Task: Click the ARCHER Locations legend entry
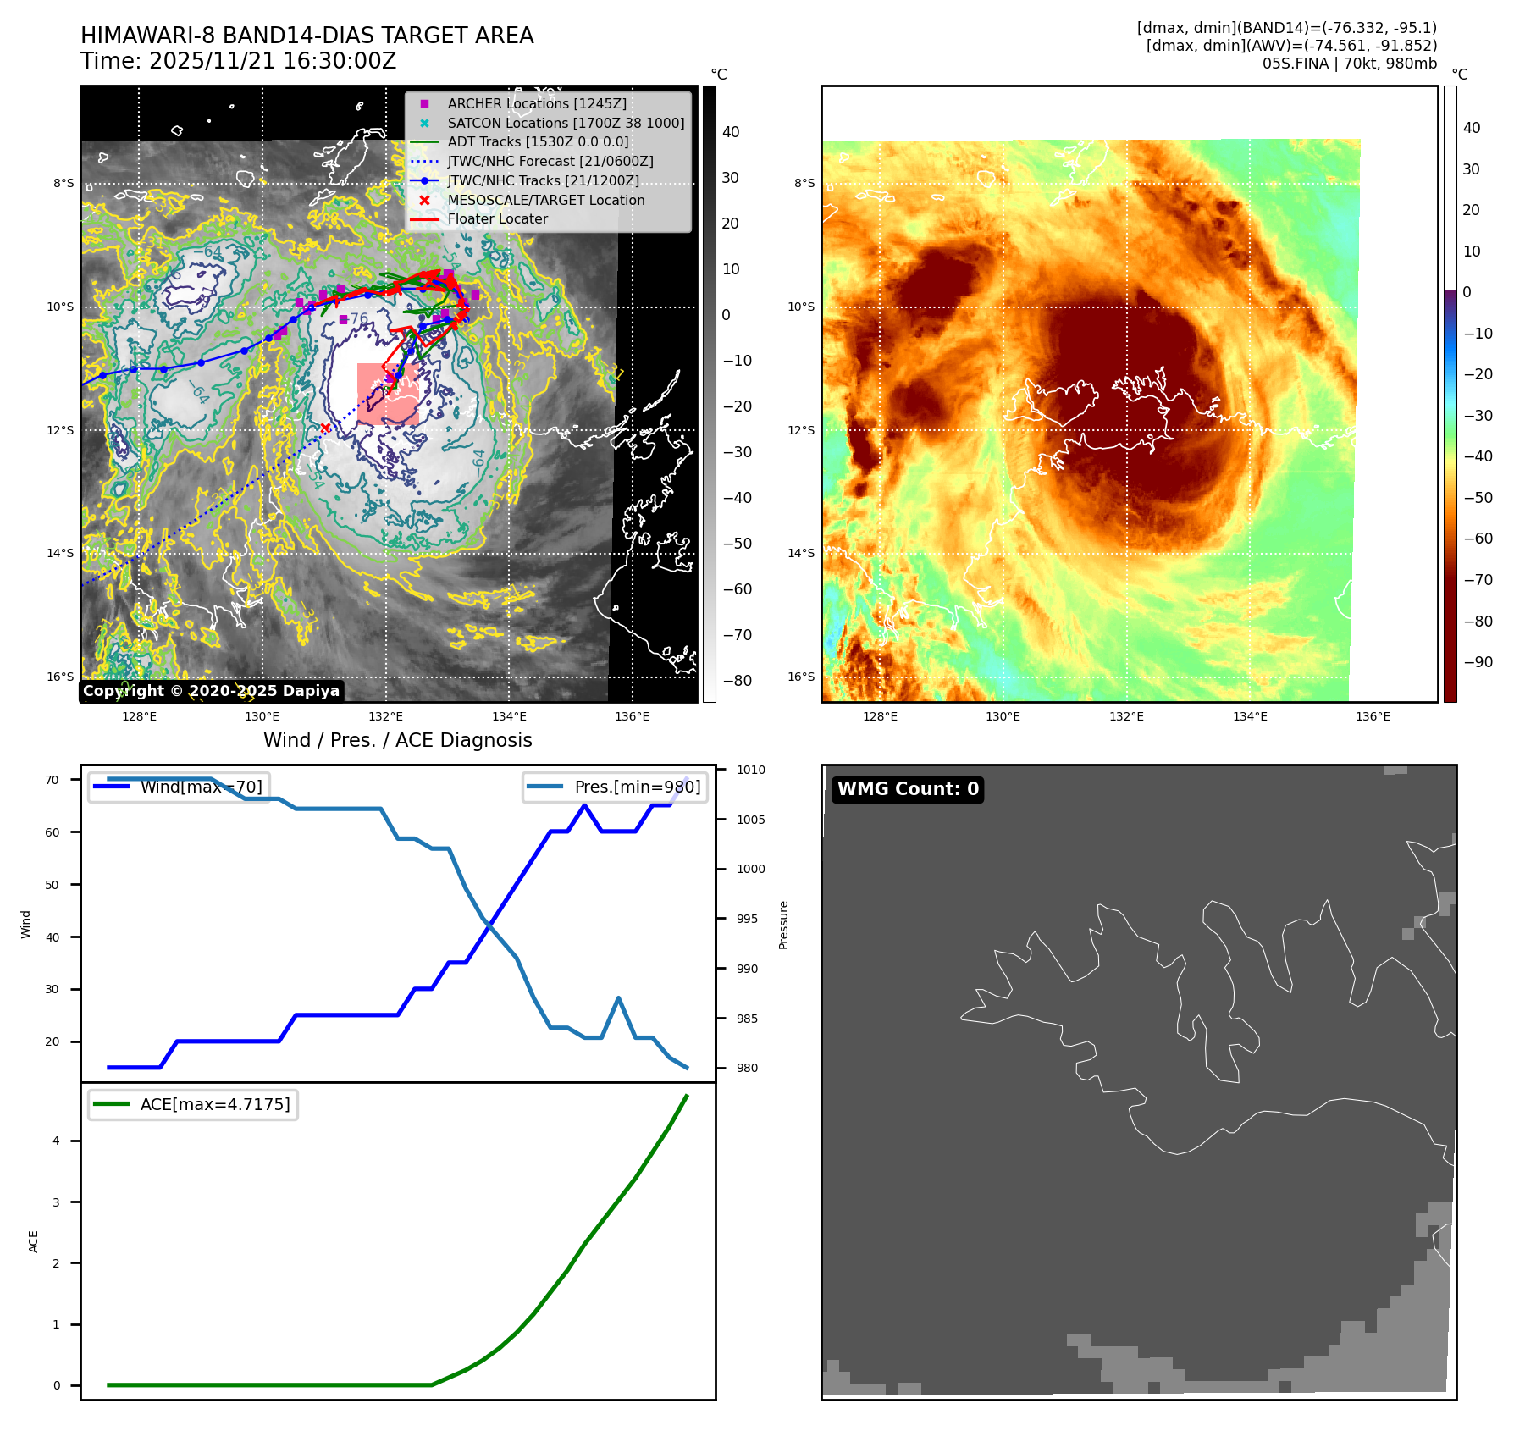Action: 537,103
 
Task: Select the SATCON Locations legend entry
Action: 566,123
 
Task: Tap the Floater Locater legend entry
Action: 497,218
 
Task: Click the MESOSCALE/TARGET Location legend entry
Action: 545,200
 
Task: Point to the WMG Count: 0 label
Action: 908,789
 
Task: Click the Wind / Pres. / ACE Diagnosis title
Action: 397,740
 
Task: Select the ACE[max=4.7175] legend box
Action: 193,1104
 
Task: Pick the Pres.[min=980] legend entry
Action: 616,787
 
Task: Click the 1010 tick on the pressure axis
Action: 750,770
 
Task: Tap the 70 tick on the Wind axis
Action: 52,780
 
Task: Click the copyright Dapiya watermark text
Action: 211,691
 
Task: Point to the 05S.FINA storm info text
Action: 1349,64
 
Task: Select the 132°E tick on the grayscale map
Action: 386,716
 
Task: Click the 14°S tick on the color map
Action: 801,553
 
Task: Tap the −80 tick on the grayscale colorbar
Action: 737,681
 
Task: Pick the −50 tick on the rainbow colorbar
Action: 1478,498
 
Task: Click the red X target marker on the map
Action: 325,428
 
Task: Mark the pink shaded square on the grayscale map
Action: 388,394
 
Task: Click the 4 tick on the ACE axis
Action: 57,1141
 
